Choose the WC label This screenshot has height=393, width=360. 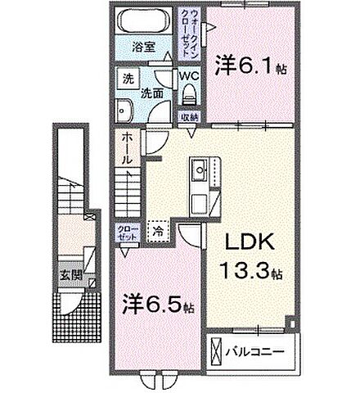pyautogui.click(x=188, y=76)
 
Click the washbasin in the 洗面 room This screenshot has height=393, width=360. pyautogui.click(x=127, y=111)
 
